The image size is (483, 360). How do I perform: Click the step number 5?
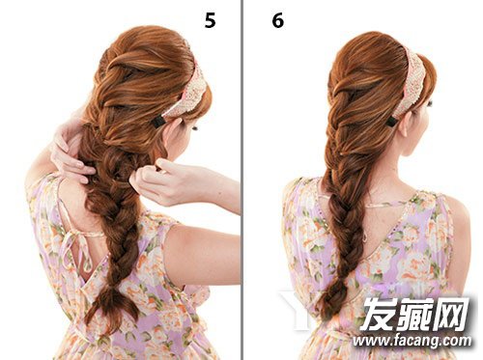pos(210,20)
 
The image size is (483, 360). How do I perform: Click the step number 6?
pos(278,20)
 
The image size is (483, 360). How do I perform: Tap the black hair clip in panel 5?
pos(158,122)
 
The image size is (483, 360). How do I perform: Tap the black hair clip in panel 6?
pos(391,122)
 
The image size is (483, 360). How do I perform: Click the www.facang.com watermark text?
pos(412,341)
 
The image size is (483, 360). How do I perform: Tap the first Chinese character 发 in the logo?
pos(378,314)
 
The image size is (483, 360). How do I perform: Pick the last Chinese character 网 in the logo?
pos(451,314)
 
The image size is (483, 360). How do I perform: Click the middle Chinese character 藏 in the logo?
pos(414,314)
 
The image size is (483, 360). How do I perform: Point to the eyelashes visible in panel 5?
pos(195,128)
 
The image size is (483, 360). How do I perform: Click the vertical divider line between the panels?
pos(241,180)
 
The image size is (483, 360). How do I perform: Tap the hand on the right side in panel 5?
pos(162,181)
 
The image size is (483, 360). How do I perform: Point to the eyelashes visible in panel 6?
pos(429,103)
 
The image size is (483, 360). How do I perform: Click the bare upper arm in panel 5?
pos(203,254)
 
